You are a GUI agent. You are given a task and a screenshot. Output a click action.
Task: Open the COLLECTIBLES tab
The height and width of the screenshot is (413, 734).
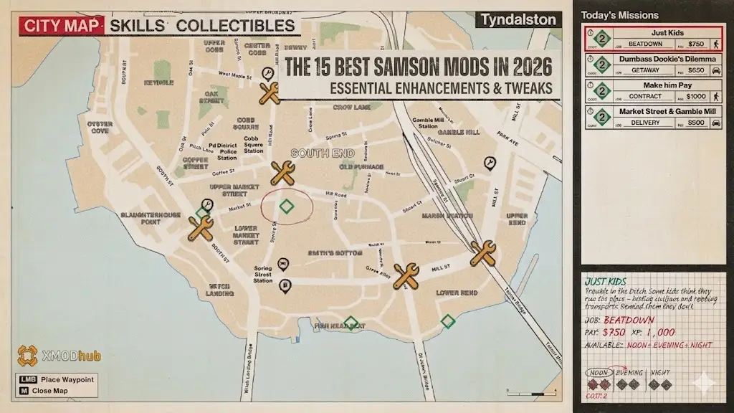[236, 26]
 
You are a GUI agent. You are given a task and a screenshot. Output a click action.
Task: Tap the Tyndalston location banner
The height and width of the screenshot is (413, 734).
[518, 20]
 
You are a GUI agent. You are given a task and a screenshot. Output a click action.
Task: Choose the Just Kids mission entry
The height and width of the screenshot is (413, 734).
[652, 38]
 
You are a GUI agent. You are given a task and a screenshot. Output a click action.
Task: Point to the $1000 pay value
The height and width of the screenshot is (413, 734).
[695, 96]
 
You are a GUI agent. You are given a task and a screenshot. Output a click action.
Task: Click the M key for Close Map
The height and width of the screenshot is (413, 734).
[24, 391]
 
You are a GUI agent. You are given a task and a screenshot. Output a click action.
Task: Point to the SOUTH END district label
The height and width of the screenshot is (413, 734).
[312, 153]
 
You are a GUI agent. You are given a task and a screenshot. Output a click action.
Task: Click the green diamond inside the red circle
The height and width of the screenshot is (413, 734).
[287, 206]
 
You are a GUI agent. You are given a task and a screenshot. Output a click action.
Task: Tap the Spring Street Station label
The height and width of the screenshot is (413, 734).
[263, 275]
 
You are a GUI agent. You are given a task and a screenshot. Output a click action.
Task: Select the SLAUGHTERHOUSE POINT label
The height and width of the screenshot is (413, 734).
[150, 217]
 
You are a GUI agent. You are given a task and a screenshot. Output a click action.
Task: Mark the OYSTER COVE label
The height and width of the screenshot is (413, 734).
[100, 127]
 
